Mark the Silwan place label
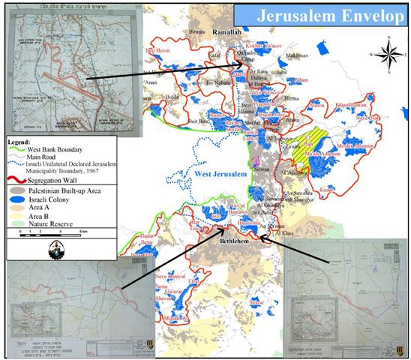pos(262,171)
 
